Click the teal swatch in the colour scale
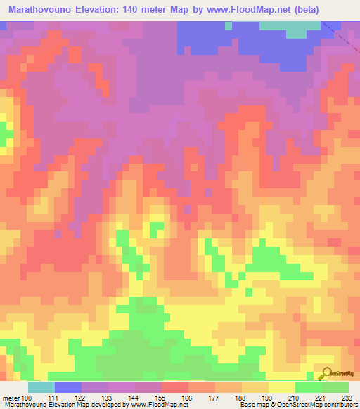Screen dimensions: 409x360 pyautogui.click(x=41, y=387)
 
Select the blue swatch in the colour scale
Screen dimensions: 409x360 pyautogui.click(x=68, y=387)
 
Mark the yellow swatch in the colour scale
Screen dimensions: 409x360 pyautogui.click(x=282, y=387)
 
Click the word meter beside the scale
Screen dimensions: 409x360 pyautogui.click(x=11, y=397)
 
